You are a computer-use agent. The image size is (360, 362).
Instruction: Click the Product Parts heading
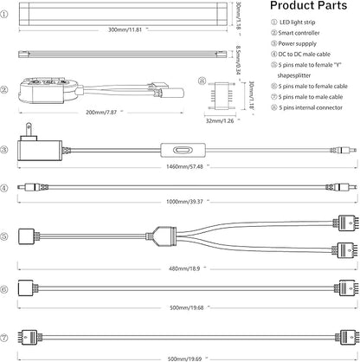pyautogui.click(x=308, y=6)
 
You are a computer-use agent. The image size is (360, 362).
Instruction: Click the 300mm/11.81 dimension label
pyautogui.click(x=125, y=29)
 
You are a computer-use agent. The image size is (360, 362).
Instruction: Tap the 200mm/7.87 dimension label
pyautogui.click(x=101, y=112)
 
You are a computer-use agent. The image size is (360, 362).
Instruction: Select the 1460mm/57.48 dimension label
pyautogui.click(x=184, y=166)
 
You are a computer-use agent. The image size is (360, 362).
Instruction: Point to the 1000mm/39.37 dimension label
pyautogui.click(x=184, y=202)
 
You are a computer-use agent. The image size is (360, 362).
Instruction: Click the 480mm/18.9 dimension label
pyautogui.click(x=184, y=268)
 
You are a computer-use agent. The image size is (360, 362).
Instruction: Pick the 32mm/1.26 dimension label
pyautogui.click(x=220, y=120)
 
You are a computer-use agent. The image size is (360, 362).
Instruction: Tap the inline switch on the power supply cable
pyautogui.click(x=183, y=150)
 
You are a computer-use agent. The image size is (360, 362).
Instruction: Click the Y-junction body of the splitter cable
pyautogui.click(x=165, y=236)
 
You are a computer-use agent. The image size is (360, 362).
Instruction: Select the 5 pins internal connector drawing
pyautogui.click(x=222, y=96)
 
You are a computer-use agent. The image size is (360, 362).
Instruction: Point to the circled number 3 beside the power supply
pyautogui.click(x=4, y=150)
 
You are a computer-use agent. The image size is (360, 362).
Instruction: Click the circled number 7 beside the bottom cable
pyautogui.click(x=4, y=338)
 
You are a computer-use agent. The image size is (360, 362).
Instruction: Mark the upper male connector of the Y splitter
pyautogui.click(x=346, y=223)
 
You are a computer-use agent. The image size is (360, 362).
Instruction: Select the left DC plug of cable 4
pyautogui.click(x=32, y=187)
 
